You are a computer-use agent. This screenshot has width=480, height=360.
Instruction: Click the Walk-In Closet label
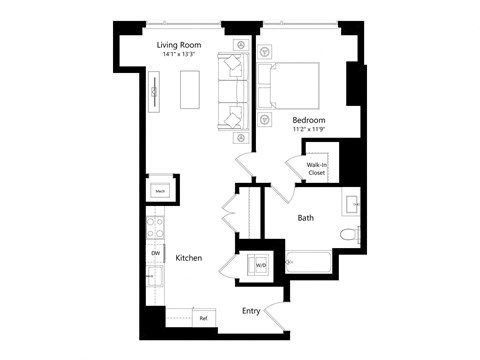tap(317, 168)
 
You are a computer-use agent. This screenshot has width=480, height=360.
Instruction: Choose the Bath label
tap(307, 217)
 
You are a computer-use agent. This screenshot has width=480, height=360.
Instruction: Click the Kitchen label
tap(188, 258)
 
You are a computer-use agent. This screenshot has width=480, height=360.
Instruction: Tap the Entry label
tap(252, 310)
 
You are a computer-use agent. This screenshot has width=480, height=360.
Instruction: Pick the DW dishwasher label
tap(156, 254)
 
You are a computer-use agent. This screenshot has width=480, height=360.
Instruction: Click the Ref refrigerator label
tap(203, 318)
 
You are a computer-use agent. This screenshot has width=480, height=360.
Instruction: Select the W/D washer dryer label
tap(261, 265)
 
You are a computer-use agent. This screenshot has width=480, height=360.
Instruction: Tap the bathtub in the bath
tap(309, 263)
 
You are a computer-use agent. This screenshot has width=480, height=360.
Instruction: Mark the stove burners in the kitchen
tap(155, 229)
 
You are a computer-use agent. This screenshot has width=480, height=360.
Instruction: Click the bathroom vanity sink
tap(353, 206)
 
